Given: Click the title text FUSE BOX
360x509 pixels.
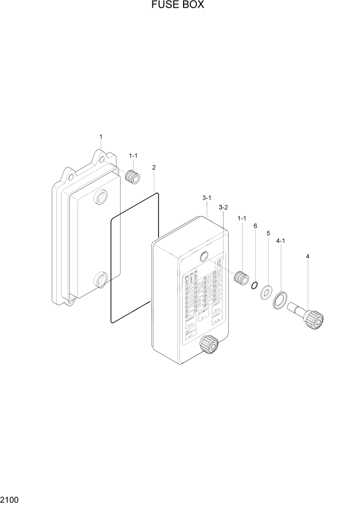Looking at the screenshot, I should coord(178,6).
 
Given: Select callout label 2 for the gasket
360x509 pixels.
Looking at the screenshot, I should coord(154,167).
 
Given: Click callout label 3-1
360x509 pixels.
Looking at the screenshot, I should coord(206,198).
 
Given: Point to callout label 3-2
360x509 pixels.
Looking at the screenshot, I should coord(223,207).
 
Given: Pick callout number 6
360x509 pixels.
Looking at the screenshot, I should coord(255,226).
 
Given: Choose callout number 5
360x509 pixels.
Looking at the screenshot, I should coord(268,233).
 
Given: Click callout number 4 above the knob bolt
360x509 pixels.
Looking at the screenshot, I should coord(308,256).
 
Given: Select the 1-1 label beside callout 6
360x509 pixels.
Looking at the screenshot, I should coord(242,218).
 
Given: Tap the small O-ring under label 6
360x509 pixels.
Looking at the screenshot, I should coord(254,285).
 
